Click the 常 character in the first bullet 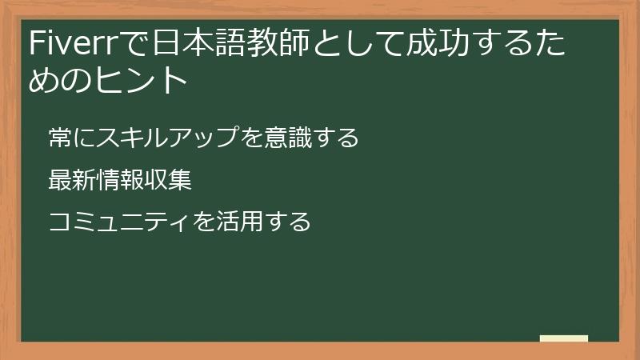click(x=58, y=138)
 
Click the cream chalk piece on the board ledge click(x=564, y=338)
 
